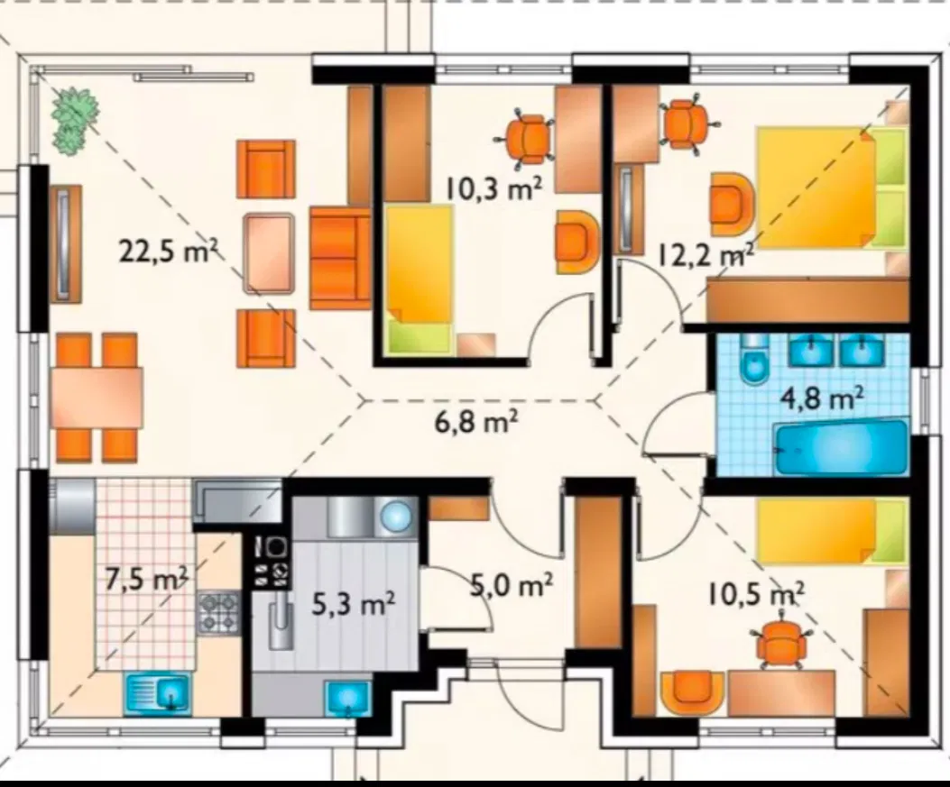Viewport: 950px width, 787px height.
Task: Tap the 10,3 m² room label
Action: click(493, 189)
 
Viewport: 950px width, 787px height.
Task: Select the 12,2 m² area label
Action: click(706, 256)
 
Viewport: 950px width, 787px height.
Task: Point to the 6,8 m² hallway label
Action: click(476, 421)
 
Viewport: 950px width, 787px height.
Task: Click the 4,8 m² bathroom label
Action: click(822, 399)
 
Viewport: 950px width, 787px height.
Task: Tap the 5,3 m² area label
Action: click(354, 604)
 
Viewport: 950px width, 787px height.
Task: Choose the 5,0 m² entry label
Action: click(512, 585)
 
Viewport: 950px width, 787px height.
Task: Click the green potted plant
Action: click(73, 119)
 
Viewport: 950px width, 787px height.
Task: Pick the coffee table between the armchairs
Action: click(268, 253)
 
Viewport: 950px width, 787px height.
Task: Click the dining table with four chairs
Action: click(97, 397)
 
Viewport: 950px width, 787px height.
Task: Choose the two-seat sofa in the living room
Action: click(340, 258)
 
